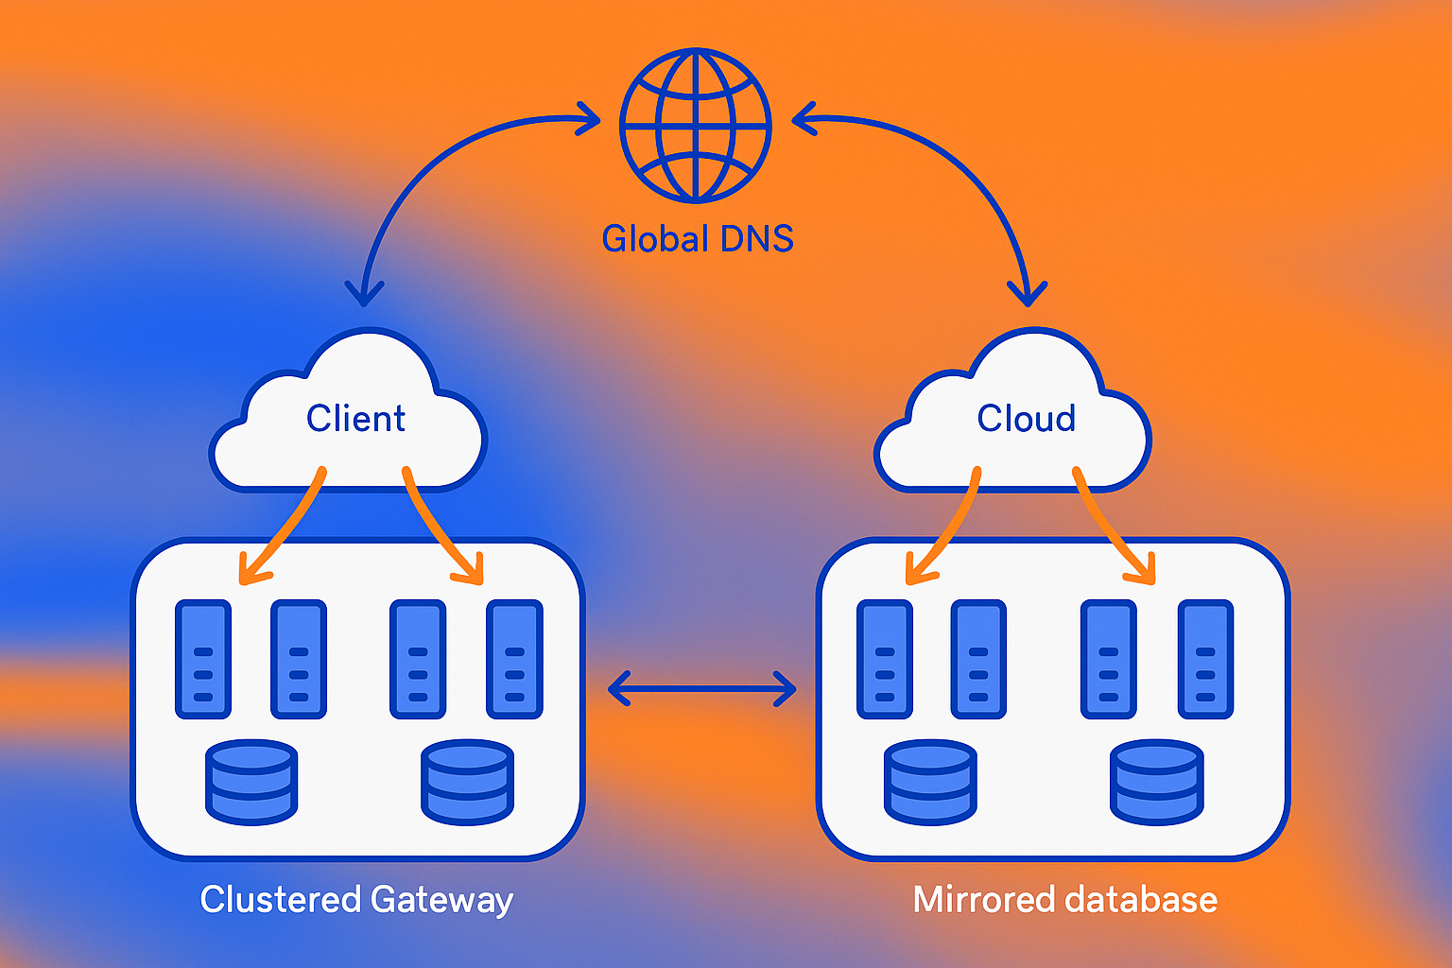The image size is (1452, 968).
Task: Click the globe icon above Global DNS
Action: [x=696, y=125]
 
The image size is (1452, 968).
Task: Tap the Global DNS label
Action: [x=698, y=239]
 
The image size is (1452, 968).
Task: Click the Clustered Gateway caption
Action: [x=356, y=899]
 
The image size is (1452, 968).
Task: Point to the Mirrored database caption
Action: [x=1064, y=899]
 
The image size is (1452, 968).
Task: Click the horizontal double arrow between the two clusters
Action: [x=701, y=689]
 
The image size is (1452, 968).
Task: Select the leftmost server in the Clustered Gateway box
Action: [x=203, y=660]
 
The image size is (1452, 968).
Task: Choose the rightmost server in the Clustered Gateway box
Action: [x=514, y=660]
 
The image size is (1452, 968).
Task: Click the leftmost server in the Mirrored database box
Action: [x=885, y=660]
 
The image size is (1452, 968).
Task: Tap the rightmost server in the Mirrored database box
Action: [x=1205, y=660]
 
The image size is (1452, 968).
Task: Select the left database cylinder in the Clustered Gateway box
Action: [x=251, y=782]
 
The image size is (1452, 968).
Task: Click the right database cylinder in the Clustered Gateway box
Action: [x=468, y=782]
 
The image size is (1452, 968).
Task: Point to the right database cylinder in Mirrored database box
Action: [x=1157, y=782]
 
